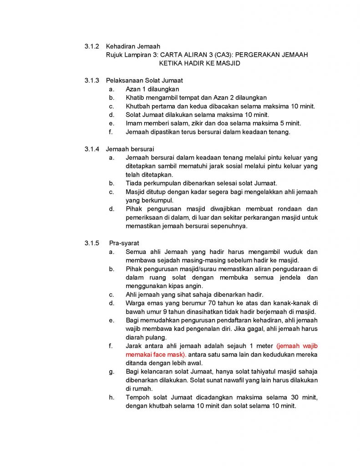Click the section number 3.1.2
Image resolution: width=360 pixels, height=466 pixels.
tap(91, 46)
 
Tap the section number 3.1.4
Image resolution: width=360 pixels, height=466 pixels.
tap(91, 149)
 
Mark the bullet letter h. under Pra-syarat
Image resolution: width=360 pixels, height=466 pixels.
tap(112, 397)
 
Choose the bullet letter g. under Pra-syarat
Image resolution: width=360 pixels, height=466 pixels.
tap(112, 371)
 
